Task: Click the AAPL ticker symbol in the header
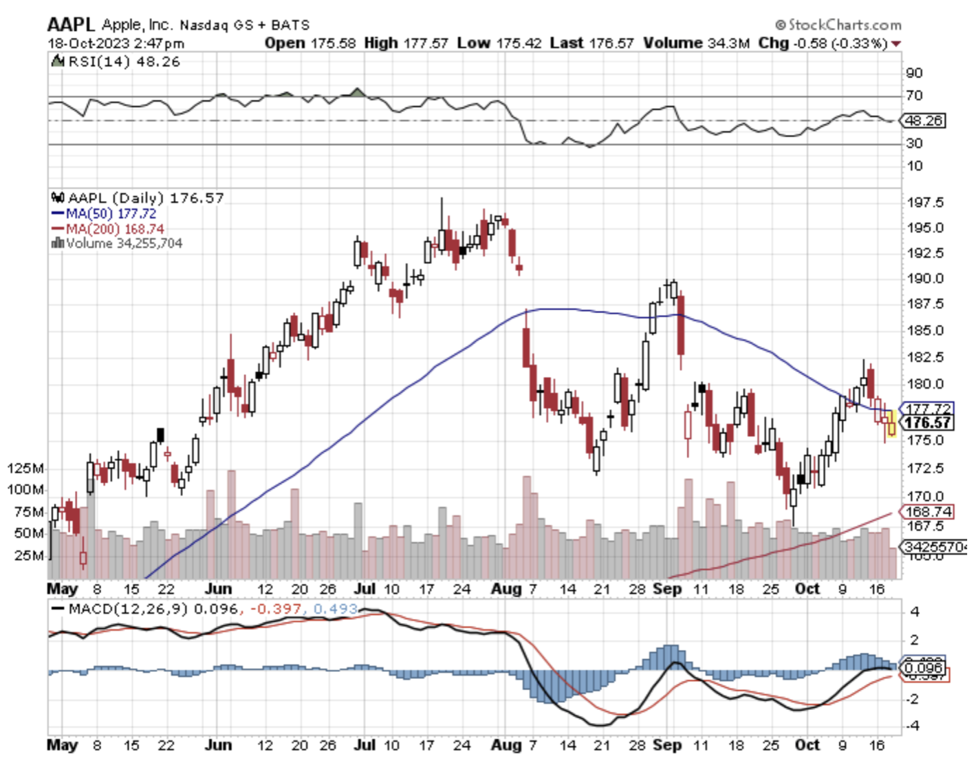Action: tap(71, 25)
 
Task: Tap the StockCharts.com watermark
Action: tap(838, 25)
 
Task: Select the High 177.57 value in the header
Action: tap(406, 43)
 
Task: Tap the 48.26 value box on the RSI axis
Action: tap(924, 121)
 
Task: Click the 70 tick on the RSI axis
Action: tap(915, 96)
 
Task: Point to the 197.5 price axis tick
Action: tap(925, 203)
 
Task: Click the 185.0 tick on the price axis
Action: tap(925, 331)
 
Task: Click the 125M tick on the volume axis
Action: tap(25, 468)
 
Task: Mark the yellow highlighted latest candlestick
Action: tap(892, 424)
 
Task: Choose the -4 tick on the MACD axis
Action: tap(915, 726)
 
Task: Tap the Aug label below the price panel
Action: tap(507, 589)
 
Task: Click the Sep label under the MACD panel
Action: tap(667, 745)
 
